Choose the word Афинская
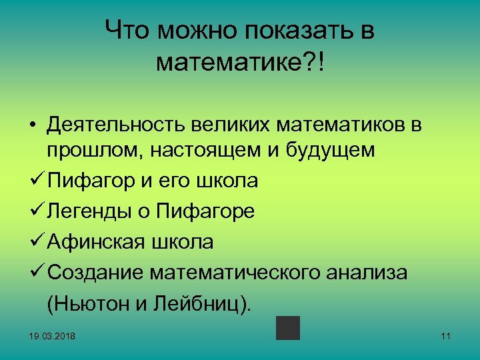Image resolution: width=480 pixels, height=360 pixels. click(100, 241)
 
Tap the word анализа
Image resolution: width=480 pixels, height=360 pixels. click(383, 272)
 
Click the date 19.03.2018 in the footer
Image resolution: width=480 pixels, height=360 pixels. click(53, 337)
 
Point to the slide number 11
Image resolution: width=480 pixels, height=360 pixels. click(446, 337)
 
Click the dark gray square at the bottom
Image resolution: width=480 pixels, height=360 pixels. click(288, 328)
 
